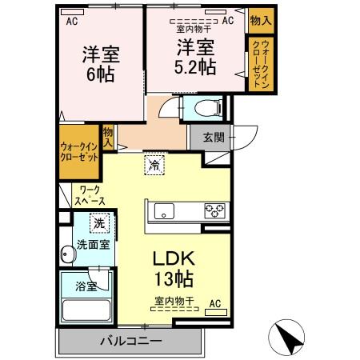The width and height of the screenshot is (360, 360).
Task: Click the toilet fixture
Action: coord(209,108)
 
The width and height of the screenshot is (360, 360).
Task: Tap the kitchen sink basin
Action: coord(164,211)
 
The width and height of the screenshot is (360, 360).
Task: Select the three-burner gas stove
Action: coord(215,210)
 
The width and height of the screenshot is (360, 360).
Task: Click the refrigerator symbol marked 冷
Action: coord(154,165)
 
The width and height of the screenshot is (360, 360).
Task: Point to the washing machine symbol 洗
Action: coord(100,223)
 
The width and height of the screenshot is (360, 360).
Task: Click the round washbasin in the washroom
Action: coord(67,254)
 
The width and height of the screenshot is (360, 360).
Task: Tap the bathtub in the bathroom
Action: coord(86,310)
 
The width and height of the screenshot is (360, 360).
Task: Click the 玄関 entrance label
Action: coord(214,138)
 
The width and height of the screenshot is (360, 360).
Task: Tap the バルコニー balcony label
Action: coord(131,341)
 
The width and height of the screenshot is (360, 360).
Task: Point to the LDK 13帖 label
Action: coord(174,269)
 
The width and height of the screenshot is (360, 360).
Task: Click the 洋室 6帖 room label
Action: coord(101,64)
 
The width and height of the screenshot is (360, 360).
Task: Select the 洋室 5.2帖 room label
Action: coord(195,57)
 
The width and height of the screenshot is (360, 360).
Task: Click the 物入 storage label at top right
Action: coord(261,20)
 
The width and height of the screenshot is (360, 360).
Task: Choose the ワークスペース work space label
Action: coord(90,195)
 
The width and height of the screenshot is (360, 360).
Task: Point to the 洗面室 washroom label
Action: coord(94,245)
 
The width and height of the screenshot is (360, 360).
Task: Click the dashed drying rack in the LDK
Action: coord(174,309)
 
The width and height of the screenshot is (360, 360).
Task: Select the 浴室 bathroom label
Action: coord(86,286)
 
